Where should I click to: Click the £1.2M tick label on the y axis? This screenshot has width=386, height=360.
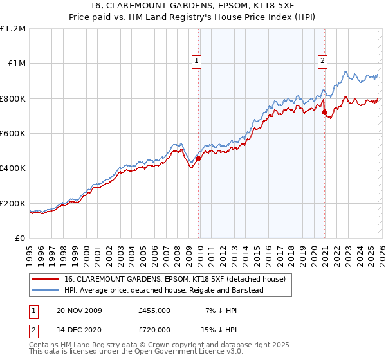tap(13, 29)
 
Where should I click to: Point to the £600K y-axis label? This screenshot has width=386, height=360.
tap(13, 134)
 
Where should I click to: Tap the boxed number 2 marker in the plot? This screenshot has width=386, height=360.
tap(322, 62)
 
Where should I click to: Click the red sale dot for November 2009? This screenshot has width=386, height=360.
tap(198, 158)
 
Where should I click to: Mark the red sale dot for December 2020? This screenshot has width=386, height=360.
tap(324, 113)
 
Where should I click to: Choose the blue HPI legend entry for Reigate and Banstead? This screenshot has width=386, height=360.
tap(164, 290)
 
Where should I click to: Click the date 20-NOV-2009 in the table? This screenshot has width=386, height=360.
tap(78, 310)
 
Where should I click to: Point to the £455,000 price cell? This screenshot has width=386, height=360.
tap(154, 310)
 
